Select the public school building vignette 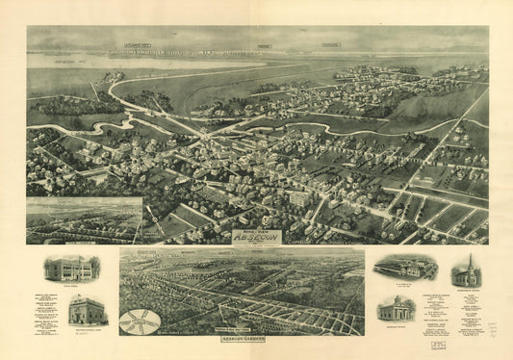(72, 269)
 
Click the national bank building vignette (87, 310)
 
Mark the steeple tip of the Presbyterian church (467, 256)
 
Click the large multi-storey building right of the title (299, 199)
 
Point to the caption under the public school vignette (72, 285)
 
